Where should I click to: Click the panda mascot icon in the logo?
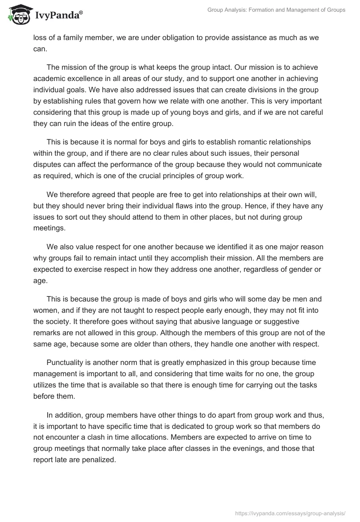18,14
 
